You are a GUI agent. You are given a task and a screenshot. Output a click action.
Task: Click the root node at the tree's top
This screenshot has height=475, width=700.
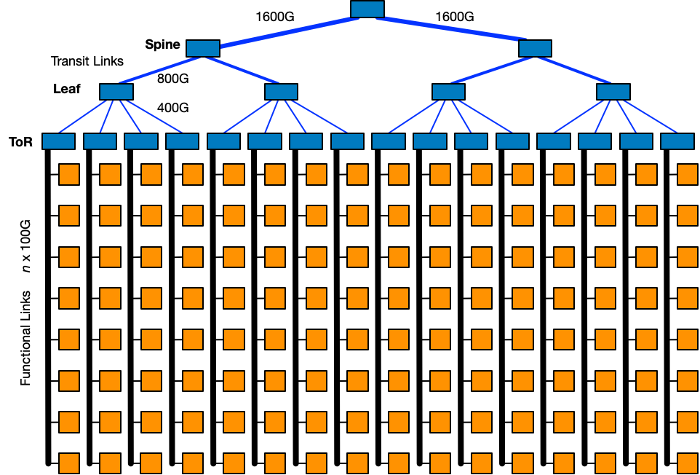click(x=367, y=9)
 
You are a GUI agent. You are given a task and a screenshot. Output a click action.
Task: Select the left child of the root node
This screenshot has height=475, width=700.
click(x=203, y=48)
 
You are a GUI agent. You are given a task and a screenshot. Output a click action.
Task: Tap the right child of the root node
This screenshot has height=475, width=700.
click(x=535, y=48)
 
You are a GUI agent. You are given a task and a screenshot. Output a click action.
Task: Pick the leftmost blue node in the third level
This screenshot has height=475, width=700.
click(x=116, y=92)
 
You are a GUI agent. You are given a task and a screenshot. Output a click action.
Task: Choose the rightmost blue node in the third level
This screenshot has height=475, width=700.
click(x=613, y=92)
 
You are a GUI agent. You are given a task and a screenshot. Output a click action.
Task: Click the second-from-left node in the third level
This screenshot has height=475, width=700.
click(x=281, y=92)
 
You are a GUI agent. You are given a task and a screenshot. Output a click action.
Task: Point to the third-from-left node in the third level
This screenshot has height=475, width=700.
click(x=448, y=92)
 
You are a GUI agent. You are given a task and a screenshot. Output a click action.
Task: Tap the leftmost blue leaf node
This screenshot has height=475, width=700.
click(x=58, y=141)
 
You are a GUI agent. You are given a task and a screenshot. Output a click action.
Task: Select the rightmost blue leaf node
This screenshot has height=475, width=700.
click(x=677, y=141)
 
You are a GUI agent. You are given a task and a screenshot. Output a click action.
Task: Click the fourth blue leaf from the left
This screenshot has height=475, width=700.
click(x=182, y=141)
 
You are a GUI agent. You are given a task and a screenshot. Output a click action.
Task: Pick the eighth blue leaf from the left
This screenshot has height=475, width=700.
click(x=347, y=141)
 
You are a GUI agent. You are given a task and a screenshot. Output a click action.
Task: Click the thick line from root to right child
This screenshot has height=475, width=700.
click(x=451, y=28)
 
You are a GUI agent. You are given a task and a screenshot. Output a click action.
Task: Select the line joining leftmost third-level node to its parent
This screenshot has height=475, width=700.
click(x=160, y=70)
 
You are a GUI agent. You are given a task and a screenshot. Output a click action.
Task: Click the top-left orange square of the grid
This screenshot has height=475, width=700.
click(x=69, y=175)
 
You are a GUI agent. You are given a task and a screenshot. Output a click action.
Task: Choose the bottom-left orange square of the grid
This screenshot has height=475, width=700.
click(x=69, y=463)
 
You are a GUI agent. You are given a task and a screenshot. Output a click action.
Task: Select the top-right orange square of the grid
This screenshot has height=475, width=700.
click(x=688, y=175)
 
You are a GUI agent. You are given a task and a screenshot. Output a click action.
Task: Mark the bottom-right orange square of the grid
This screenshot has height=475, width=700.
click(x=688, y=463)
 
